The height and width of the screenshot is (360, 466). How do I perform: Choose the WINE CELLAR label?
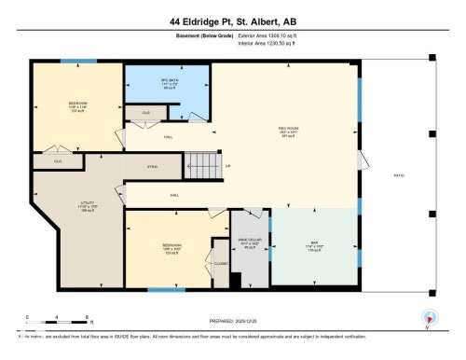click(x=249, y=245)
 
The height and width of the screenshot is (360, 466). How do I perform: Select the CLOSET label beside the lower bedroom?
click(x=221, y=264)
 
